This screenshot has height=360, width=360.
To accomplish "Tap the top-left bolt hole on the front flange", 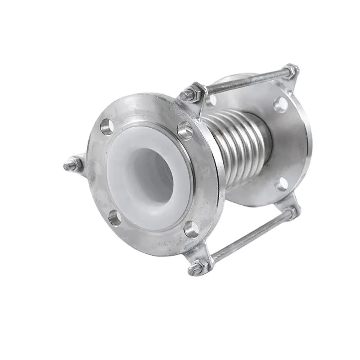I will (x=107, y=126).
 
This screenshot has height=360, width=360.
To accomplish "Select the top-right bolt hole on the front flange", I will (x=185, y=130).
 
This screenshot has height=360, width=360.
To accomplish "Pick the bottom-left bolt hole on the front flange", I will (x=115, y=218).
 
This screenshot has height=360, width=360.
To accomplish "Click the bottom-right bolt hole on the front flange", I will (x=192, y=229).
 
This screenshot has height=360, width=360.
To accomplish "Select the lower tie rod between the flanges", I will (x=252, y=236).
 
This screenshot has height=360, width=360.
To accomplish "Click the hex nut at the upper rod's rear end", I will (x=290, y=71).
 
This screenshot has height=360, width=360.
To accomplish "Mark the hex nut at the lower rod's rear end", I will (x=291, y=211).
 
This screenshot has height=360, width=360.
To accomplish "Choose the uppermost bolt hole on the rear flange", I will (x=280, y=104).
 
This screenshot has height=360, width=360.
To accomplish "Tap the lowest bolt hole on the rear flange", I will (x=282, y=184).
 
